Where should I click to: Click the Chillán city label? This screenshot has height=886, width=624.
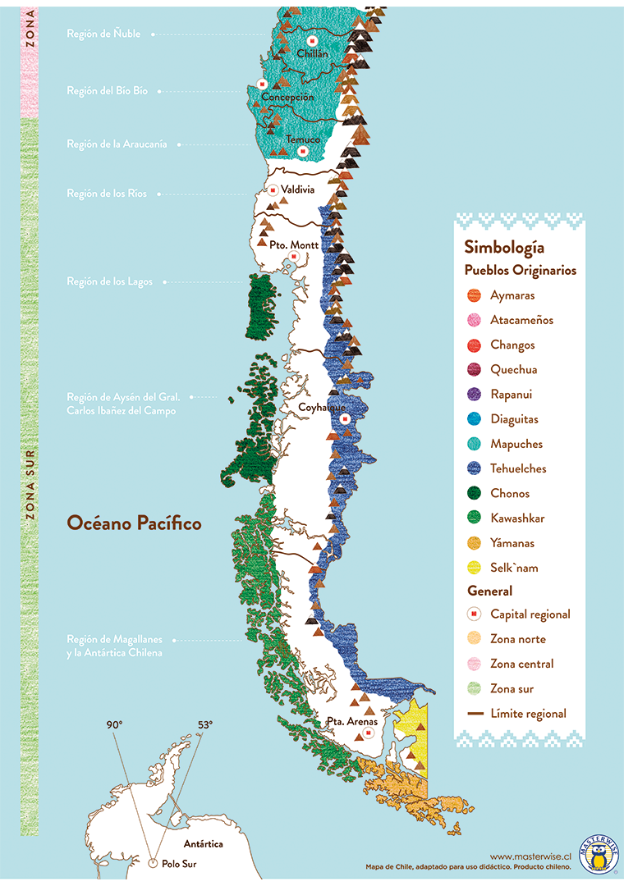click(312, 54)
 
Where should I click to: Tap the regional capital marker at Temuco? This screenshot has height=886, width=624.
click(303, 152)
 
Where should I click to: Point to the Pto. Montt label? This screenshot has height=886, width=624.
click(293, 244)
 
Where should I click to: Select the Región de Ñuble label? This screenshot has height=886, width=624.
click(103, 34)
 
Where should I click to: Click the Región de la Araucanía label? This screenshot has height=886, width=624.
click(117, 144)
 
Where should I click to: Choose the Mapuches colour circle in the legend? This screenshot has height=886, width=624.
click(474, 444)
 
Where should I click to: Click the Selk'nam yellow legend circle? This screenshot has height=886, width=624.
click(474, 568)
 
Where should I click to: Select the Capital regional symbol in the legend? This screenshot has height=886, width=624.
click(474, 614)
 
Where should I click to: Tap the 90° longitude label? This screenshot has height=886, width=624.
click(113, 724)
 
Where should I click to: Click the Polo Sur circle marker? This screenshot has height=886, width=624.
click(153, 863)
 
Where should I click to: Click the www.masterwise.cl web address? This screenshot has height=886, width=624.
click(530, 854)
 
